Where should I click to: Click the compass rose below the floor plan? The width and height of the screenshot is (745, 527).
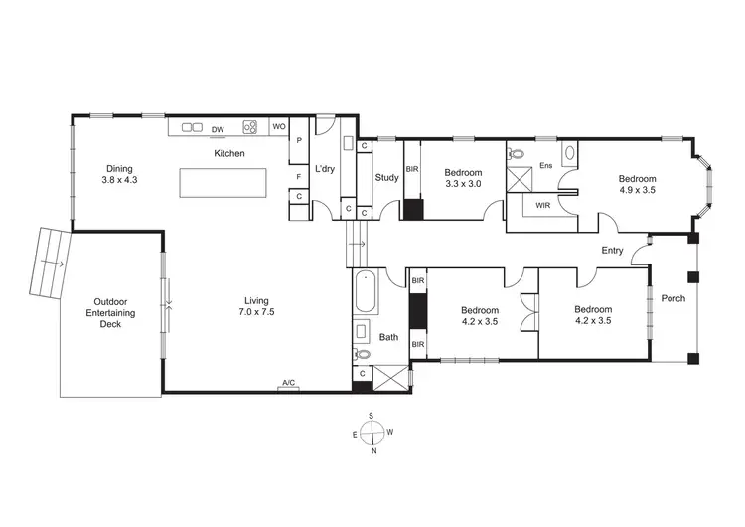(372, 433)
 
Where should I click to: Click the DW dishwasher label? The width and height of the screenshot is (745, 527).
(218, 128)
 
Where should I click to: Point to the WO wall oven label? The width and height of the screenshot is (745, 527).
(279, 127)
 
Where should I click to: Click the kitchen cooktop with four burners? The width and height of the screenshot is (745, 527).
(251, 127)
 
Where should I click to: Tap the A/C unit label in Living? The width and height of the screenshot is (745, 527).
(289, 383)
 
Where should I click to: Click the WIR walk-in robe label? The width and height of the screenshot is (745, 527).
(543, 206)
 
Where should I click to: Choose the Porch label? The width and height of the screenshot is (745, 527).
(672, 298)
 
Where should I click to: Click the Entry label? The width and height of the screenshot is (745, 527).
(612, 251)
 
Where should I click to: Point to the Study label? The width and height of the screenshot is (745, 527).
(386, 178)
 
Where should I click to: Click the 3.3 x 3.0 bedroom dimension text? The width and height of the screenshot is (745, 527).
(463, 184)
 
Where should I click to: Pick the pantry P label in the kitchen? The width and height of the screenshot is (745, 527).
(298, 143)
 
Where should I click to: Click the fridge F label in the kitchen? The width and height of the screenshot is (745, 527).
(298, 177)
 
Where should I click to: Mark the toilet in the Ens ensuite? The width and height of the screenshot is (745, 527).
(517, 155)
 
